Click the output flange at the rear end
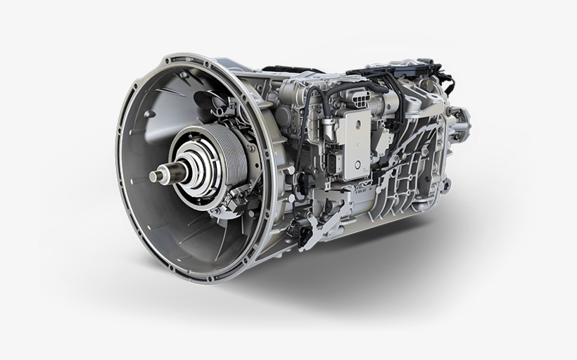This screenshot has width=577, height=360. (x=461, y=123)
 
